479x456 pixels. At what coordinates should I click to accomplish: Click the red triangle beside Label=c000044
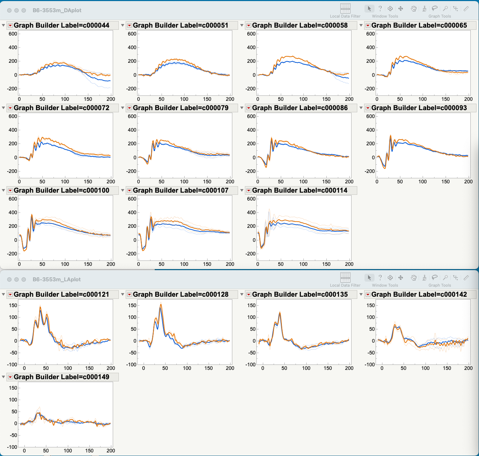tap(10, 25)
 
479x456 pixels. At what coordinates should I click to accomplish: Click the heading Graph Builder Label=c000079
tap(181, 108)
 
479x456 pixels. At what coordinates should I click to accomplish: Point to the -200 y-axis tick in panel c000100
tap(13, 254)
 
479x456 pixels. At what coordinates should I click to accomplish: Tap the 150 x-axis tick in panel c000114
tap(326, 264)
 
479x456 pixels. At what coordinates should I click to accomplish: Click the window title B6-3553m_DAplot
tap(57, 10)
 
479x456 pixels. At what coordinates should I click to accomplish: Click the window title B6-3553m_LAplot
tap(56, 279)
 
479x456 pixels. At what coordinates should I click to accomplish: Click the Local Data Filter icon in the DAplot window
tap(345, 9)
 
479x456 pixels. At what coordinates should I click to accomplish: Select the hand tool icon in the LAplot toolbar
tap(414, 278)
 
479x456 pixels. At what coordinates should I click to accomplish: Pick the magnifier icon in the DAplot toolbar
tap(445, 9)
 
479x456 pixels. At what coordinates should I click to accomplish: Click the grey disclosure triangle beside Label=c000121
tap(3, 295)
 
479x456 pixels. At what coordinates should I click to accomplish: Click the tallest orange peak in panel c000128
tap(161, 305)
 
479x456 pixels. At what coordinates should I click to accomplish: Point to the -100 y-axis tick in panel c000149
tap(13, 447)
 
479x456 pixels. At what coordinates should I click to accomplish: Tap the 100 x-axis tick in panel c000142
tap(425, 368)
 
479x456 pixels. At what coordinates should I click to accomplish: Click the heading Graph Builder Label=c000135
tap(300, 295)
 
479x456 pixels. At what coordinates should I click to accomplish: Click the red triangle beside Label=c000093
tap(368, 108)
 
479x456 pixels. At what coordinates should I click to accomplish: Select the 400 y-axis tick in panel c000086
tap(251, 130)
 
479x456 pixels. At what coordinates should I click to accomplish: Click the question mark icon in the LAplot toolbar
tap(380, 278)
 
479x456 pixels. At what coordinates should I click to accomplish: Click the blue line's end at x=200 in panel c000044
tap(110, 81)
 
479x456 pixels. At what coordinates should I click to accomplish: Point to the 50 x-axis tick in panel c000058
tap(280, 99)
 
